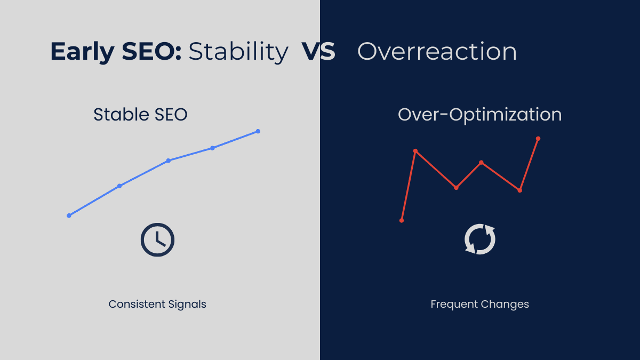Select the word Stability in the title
(238, 52)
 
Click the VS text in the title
(318, 52)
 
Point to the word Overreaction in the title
(437, 52)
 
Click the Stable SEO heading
(140, 115)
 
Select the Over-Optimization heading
(479, 115)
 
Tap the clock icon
(157, 240)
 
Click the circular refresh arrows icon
(480, 239)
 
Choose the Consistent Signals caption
(157, 304)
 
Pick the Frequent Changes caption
(479, 304)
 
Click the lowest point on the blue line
(69, 215)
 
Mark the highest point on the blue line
(258, 131)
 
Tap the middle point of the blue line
(168, 161)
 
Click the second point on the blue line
(119, 186)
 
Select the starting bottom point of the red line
(402, 220)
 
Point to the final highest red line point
(538, 139)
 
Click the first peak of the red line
(415, 151)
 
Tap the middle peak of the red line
(482, 162)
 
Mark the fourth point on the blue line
(212, 148)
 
